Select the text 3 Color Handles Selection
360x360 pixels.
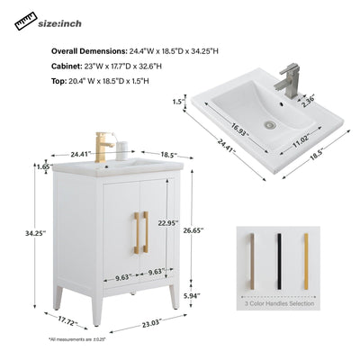279,305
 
